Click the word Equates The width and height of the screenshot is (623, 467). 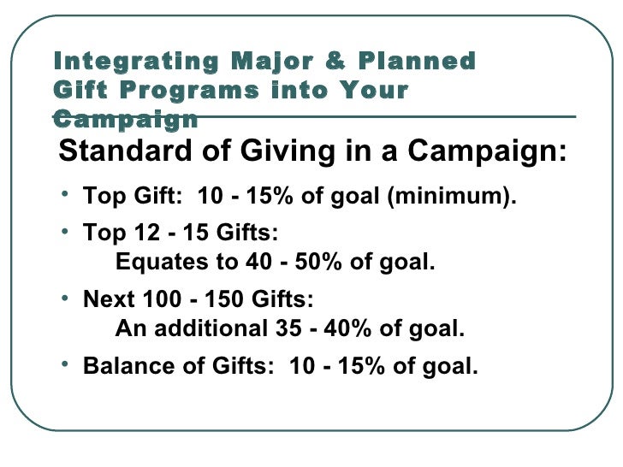[154, 262]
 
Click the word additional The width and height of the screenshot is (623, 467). [198, 328]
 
